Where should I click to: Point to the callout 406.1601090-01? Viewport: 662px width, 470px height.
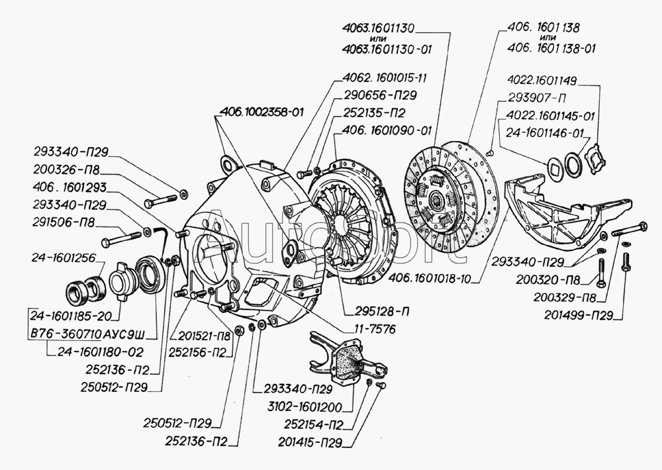(x=384, y=130)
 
